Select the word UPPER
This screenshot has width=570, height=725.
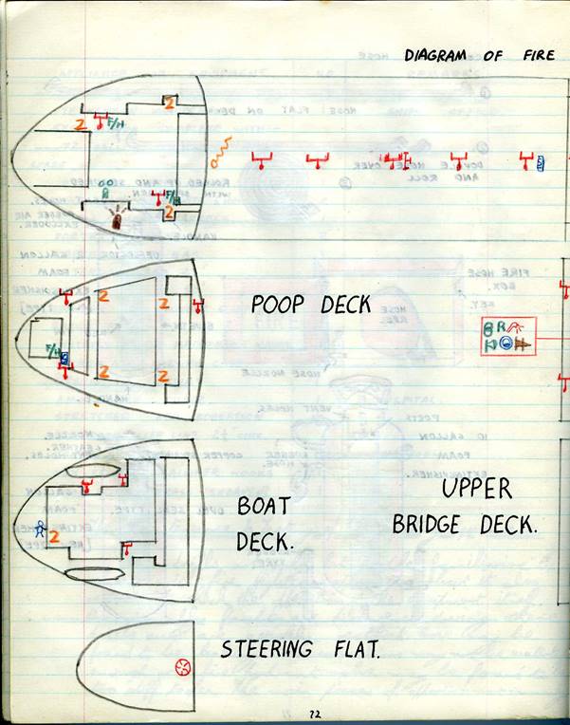(477, 490)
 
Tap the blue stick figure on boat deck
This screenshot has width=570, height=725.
(41, 530)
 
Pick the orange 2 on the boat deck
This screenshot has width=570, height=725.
(55, 537)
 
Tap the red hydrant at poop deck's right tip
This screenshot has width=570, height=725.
(197, 306)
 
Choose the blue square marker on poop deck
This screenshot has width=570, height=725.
(64, 358)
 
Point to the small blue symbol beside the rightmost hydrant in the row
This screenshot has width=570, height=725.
(541, 162)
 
